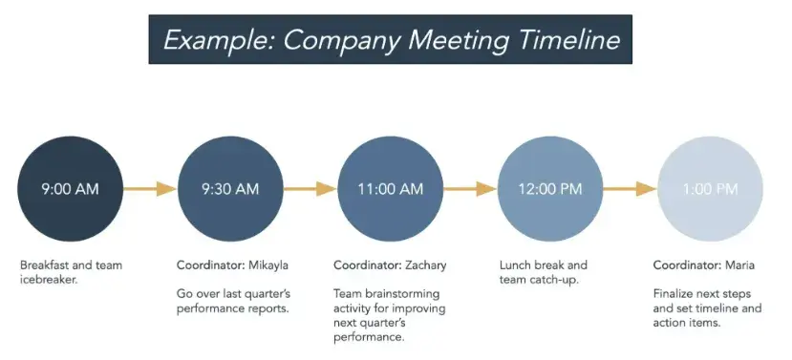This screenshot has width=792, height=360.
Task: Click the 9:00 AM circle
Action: [x=70, y=189]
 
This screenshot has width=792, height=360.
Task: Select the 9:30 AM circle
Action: [x=230, y=189]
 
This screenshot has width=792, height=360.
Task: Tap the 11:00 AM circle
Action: [x=391, y=189]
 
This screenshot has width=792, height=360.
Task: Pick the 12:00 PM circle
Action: [x=550, y=189]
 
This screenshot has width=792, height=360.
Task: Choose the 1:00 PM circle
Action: [x=710, y=189]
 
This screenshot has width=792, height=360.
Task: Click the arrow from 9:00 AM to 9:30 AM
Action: [x=150, y=189]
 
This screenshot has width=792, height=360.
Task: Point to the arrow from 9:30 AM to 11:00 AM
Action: [x=310, y=189]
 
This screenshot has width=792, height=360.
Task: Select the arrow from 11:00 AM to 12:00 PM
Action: [x=470, y=189]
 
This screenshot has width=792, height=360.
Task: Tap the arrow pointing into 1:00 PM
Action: [x=630, y=189]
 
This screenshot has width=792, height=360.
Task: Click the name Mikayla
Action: [x=268, y=265]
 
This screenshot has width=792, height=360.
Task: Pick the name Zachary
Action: [x=426, y=265]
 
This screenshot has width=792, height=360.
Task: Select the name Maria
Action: [x=740, y=265]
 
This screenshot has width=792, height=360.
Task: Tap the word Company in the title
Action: [x=340, y=40]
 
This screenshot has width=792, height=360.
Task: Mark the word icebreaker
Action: [x=49, y=280]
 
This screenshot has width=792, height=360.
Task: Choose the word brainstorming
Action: [x=401, y=294]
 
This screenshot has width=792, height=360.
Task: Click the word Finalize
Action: [x=673, y=294]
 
